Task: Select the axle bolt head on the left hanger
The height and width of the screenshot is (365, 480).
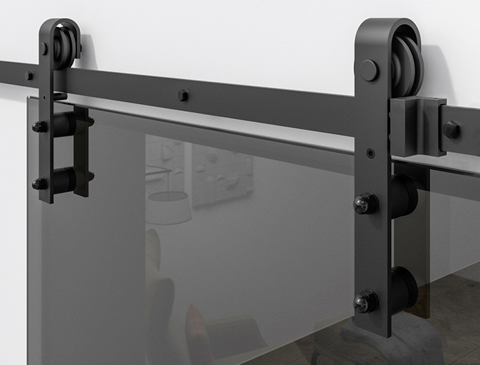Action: (x=43, y=49)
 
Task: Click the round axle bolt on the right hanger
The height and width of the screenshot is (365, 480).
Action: (x=369, y=70)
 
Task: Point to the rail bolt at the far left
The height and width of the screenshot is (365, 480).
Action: (x=30, y=75)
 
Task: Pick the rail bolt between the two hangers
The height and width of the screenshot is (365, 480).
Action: (x=182, y=95)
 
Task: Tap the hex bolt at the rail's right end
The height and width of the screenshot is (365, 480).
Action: (x=452, y=129)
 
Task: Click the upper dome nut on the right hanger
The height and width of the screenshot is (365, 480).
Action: (x=364, y=202)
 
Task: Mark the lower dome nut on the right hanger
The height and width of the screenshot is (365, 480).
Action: (x=364, y=301)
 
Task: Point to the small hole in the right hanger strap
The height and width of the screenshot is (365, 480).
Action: (x=371, y=153)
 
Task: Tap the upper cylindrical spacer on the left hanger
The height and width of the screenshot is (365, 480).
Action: (x=65, y=125)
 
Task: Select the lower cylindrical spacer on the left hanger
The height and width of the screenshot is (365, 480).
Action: (x=65, y=180)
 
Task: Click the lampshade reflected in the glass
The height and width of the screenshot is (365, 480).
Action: (x=169, y=207)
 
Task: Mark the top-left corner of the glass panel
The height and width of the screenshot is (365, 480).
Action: (x=28, y=98)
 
